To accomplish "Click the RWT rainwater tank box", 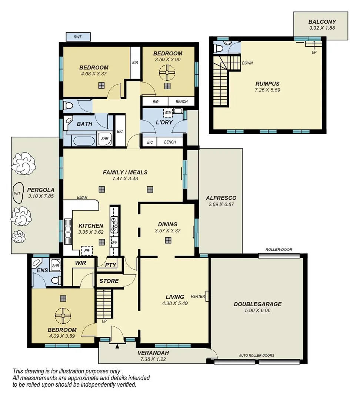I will [78, 37].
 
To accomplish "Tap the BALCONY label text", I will [322, 22].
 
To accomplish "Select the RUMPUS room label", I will [267, 84].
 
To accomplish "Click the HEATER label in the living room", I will [198, 296].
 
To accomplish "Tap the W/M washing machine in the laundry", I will [168, 112].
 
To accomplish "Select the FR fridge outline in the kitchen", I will [87, 250].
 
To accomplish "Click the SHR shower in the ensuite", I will [56, 266].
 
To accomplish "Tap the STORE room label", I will [109, 281].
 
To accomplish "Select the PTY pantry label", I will [111, 265].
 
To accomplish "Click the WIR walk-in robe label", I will [80, 263].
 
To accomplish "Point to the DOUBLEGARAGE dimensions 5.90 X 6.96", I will [257, 311].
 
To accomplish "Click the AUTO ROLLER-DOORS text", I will [256, 356].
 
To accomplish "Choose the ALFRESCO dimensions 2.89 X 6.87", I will [221, 204].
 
